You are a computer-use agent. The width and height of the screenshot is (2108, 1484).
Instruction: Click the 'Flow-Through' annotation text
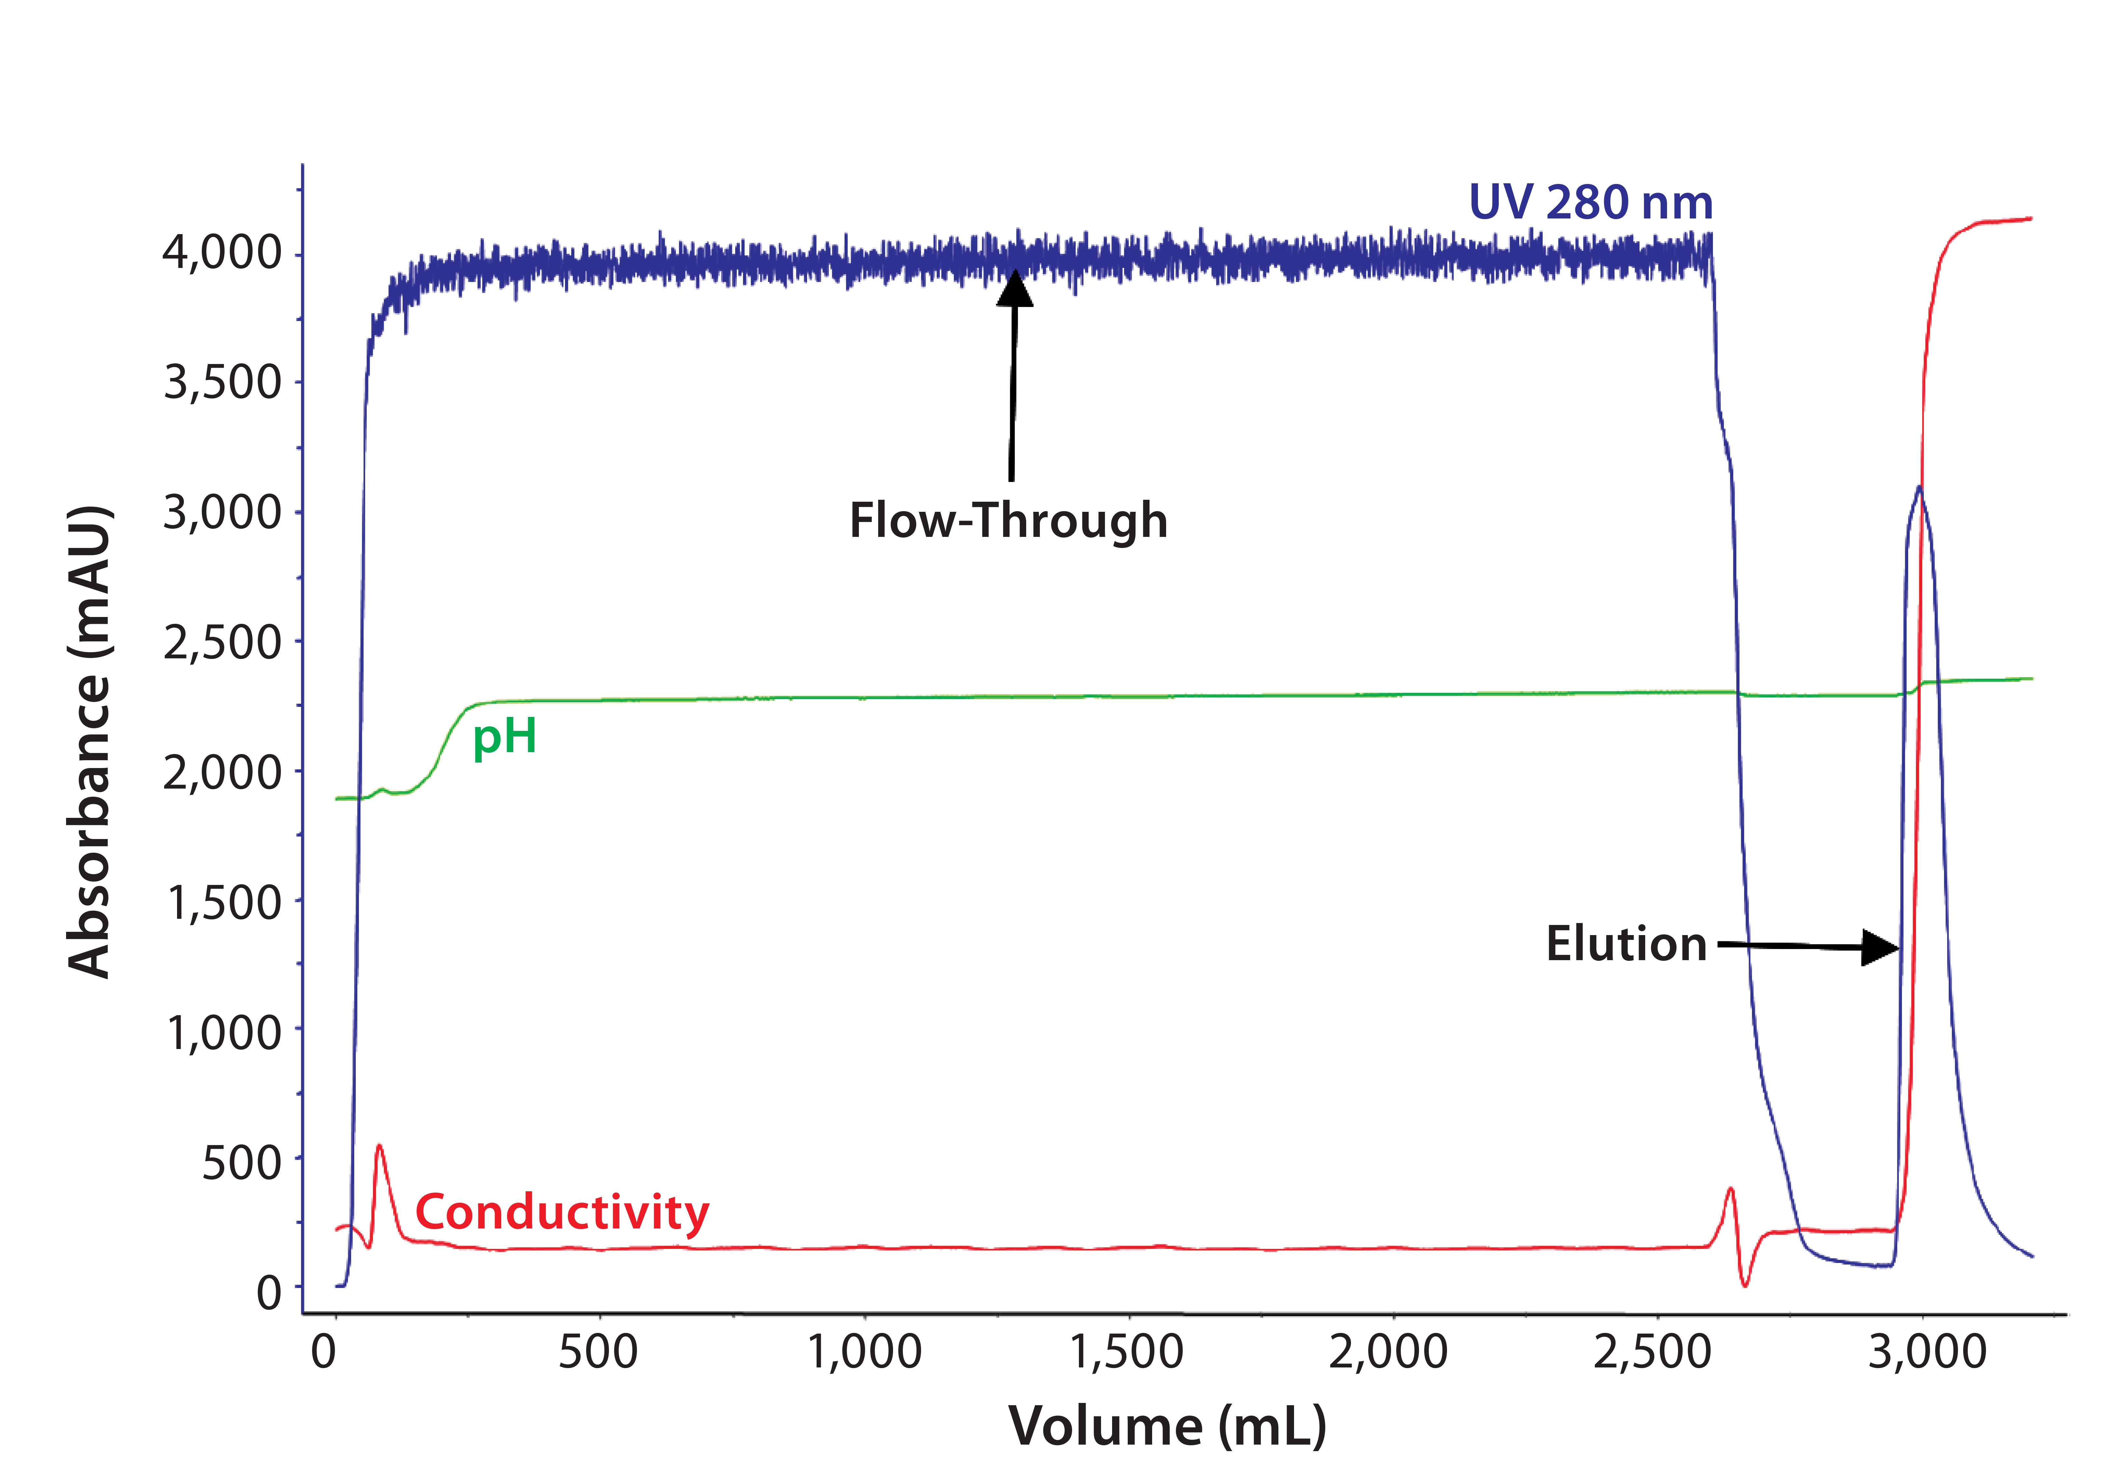(x=1008, y=521)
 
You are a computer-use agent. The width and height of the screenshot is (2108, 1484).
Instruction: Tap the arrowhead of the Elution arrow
(x=1880, y=947)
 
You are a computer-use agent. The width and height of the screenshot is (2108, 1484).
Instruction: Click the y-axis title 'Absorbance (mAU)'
(x=90, y=742)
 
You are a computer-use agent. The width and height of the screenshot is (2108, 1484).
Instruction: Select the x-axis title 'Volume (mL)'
(x=1167, y=1426)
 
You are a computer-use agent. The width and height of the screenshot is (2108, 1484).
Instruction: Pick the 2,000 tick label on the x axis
(x=1388, y=1353)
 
